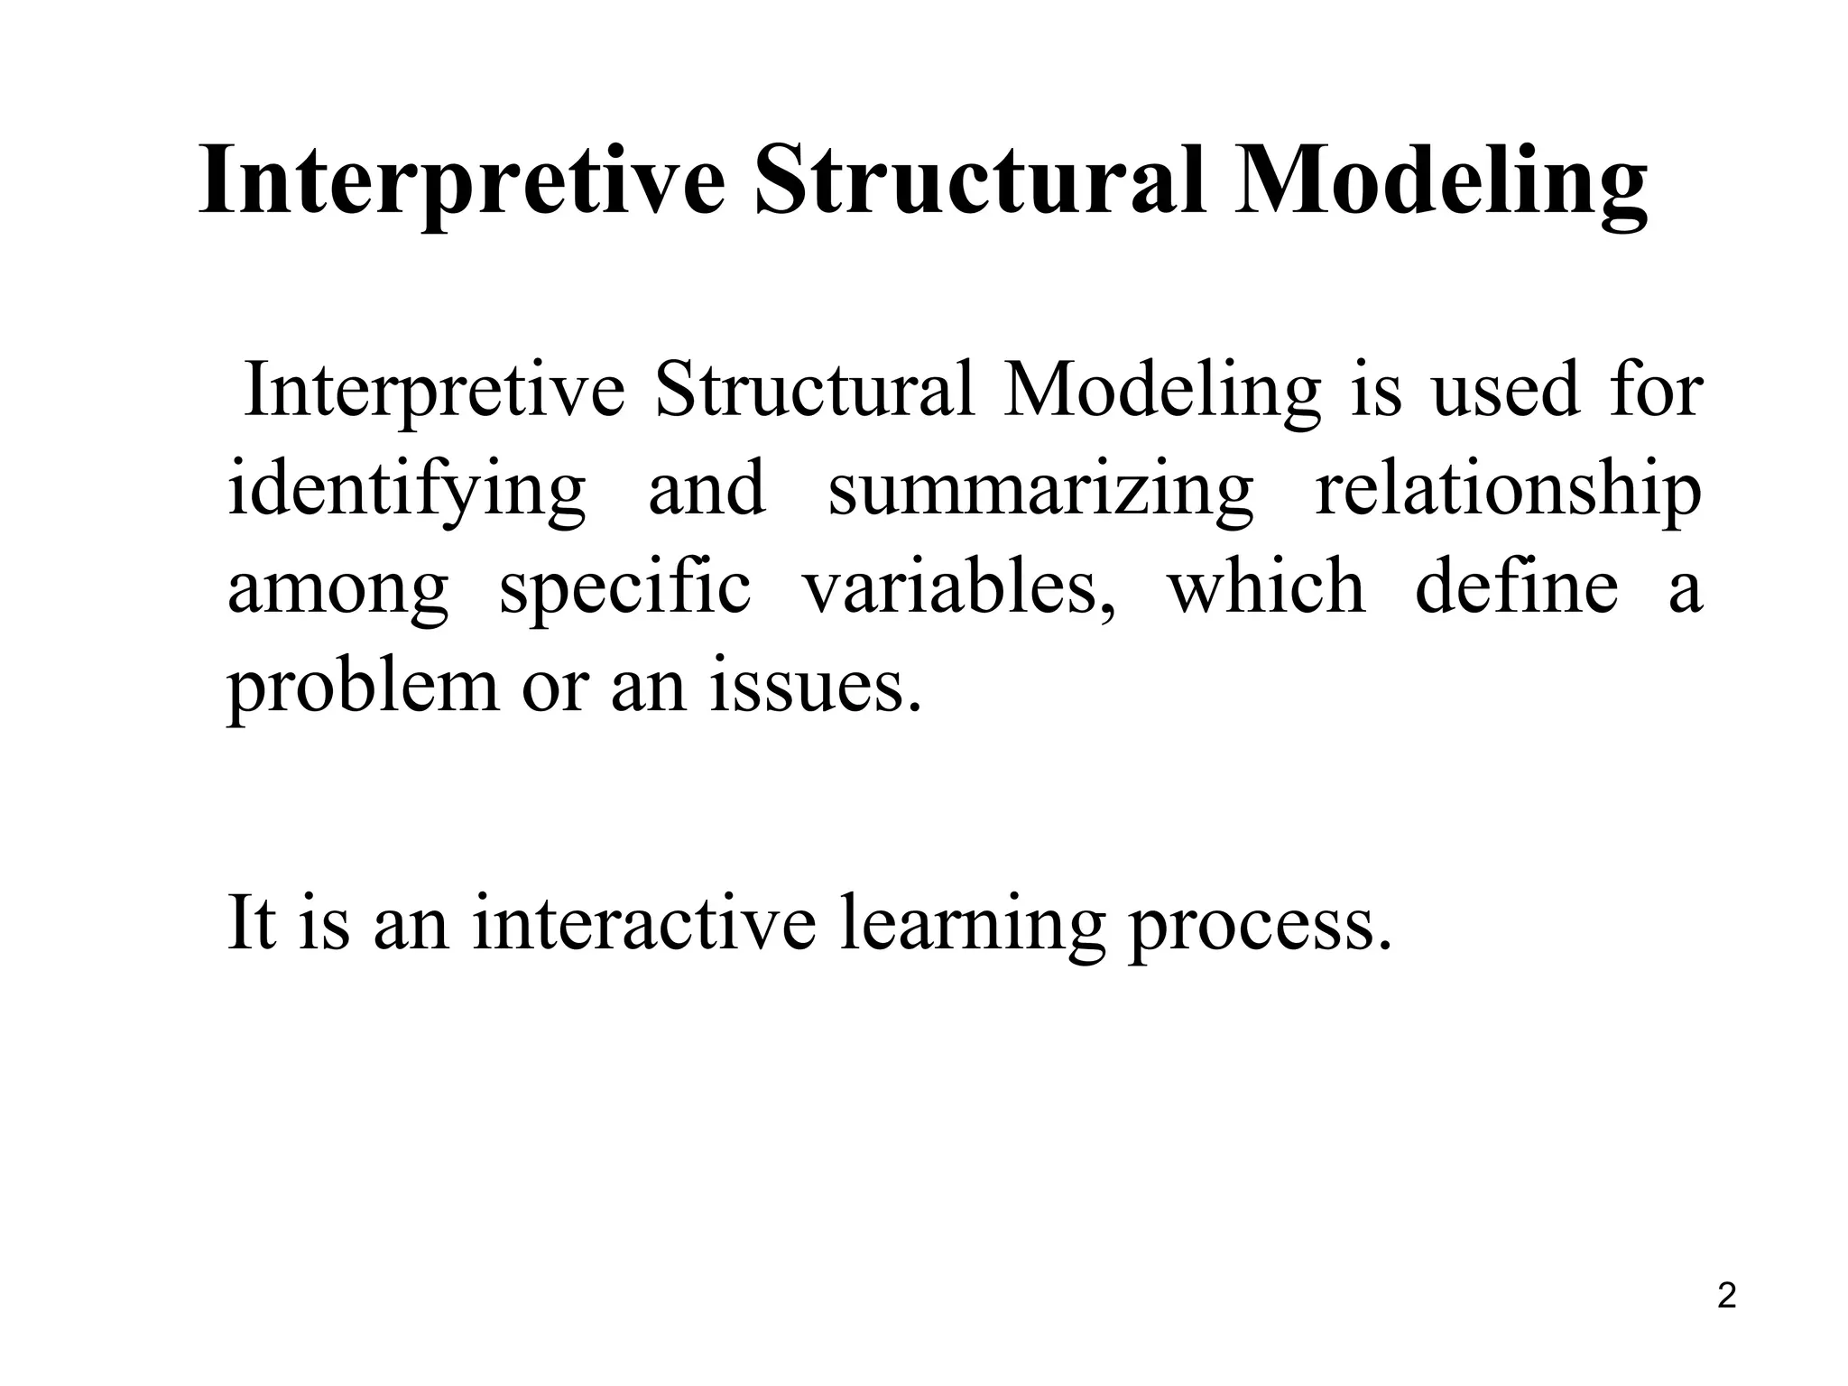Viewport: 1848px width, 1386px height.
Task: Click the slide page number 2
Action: [1726, 1296]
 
